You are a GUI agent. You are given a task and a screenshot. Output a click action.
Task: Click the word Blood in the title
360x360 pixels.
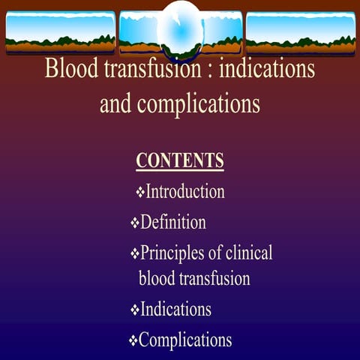tap(71, 68)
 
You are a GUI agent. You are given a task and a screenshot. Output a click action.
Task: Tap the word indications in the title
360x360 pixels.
tap(267, 68)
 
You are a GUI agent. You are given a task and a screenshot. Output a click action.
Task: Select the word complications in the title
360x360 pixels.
tap(199, 104)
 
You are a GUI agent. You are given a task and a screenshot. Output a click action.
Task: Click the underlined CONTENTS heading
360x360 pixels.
tap(180, 160)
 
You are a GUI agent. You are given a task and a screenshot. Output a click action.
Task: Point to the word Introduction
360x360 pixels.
tap(185, 191)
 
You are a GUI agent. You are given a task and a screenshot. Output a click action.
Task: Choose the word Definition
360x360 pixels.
tap(173, 222)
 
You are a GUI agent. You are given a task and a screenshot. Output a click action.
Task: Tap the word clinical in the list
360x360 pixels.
tap(249, 252)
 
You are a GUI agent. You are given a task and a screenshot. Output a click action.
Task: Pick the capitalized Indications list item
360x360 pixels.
tap(175, 309)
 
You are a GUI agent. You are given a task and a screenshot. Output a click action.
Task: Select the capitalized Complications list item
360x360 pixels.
tap(185, 340)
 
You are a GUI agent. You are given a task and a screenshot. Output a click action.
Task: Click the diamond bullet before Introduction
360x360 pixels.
tap(140, 192)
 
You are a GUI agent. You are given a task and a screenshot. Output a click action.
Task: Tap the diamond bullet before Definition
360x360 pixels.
tap(135, 223)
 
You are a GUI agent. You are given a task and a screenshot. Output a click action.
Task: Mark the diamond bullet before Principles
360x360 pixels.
tap(135, 253)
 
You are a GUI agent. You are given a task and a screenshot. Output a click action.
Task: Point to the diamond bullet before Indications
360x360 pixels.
tap(135, 310)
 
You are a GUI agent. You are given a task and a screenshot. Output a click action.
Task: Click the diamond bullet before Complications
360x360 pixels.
tap(133, 340)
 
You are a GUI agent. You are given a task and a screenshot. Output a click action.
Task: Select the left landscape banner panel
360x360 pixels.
tap(61, 32)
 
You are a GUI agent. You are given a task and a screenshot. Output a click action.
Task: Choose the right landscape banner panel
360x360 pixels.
tap(301, 32)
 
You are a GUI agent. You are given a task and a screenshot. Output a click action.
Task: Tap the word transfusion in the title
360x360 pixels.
tap(153, 68)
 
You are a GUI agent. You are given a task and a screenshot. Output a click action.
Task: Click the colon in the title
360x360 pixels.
tap(210, 70)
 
